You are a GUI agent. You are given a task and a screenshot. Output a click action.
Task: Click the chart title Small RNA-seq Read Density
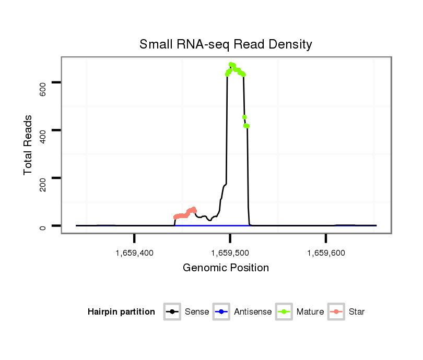pyautogui.click(x=226, y=44)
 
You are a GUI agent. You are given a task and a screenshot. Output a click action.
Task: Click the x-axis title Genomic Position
pyautogui.click(x=226, y=268)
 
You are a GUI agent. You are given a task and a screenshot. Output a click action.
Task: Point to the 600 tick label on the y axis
pyautogui.click(x=43, y=82)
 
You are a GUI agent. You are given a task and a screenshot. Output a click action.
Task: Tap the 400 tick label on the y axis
pyautogui.click(x=43, y=130)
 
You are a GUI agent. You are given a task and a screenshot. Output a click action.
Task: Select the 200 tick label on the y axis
pyautogui.click(x=43, y=178)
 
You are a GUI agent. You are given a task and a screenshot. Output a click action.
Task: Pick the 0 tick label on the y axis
pyautogui.click(x=43, y=226)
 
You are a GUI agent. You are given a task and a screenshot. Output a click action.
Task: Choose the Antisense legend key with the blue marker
pyautogui.click(x=221, y=312)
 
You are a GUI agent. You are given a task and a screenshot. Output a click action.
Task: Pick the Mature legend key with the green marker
pyautogui.click(x=284, y=312)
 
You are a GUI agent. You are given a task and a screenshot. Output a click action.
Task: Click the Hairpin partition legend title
pyautogui.click(x=121, y=312)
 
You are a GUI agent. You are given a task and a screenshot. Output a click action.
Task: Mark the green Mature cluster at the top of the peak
pyautogui.click(x=235, y=68)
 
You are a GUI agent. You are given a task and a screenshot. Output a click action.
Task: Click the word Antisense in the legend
pyautogui.click(x=253, y=312)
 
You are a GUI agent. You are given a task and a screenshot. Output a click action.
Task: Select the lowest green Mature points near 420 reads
pyautogui.click(x=246, y=126)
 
